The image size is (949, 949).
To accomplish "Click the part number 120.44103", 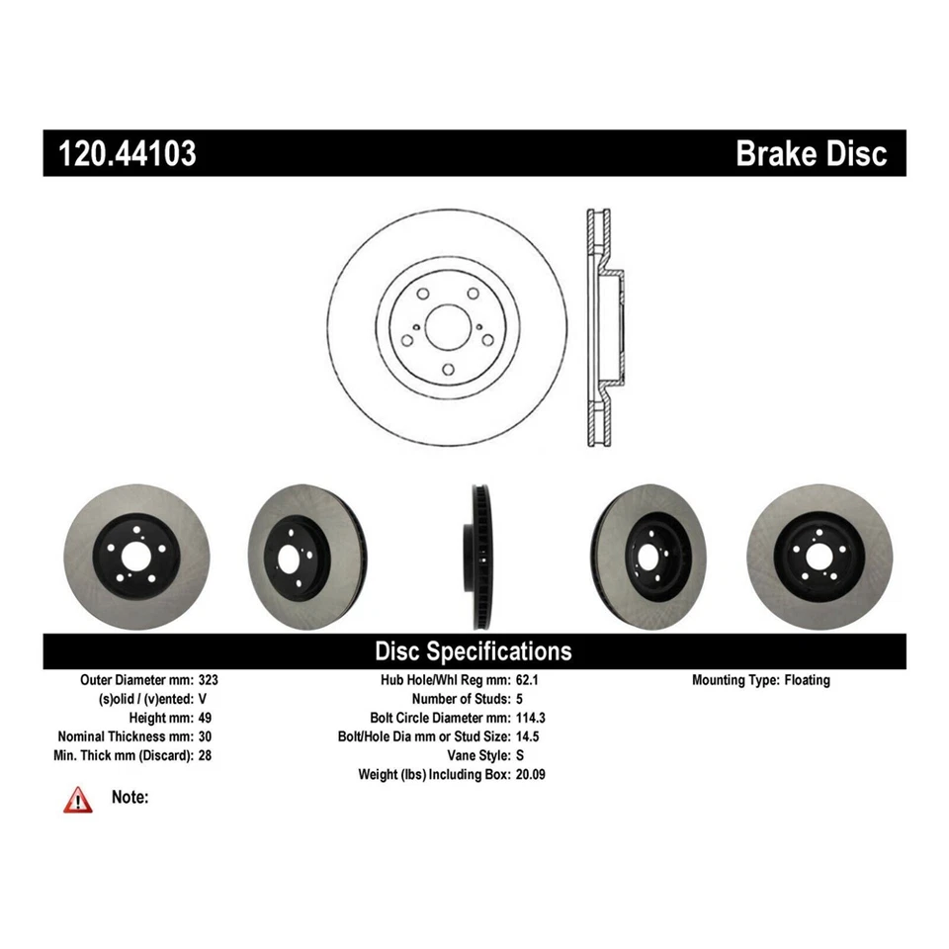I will [x=128, y=153].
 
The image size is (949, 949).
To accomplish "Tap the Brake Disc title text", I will [x=811, y=153].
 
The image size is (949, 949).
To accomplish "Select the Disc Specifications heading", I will [x=473, y=651].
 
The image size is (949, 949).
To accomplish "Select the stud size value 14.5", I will [x=527, y=736].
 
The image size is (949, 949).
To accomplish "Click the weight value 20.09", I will [x=531, y=774].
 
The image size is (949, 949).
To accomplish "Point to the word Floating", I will [x=808, y=680].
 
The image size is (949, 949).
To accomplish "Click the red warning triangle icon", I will [x=78, y=800].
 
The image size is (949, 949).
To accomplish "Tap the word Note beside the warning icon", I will [x=130, y=797].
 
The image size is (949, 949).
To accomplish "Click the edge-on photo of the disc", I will [x=477, y=557].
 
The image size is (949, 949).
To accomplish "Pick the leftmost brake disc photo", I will [x=136, y=557].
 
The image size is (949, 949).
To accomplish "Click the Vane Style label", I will [x=473, y=755].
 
